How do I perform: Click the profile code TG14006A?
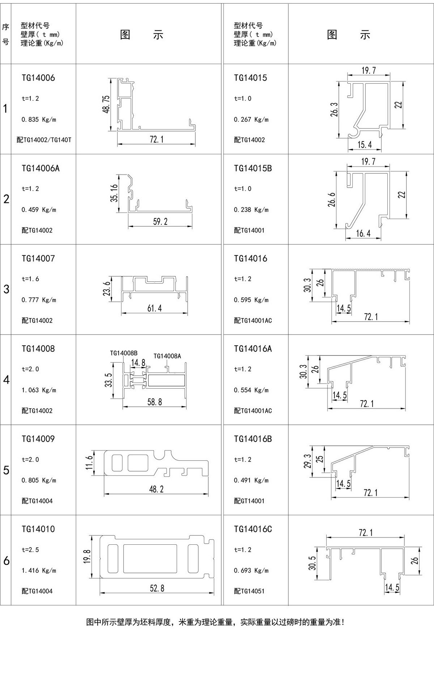[x=40, y=168]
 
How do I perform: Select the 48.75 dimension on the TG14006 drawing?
[x=106, y=105]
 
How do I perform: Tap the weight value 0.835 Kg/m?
[x=39, y=119]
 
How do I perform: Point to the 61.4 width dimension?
[x=154, y=308]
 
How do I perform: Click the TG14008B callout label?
[x=124, y=353]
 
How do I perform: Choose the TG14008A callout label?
[x=167, y=356]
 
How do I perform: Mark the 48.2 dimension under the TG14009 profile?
[x=156, y=489]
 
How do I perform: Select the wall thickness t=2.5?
[x=30, y=549]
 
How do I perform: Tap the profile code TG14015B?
[x=252, y=168]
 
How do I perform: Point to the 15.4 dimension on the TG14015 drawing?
[x=365, y=145]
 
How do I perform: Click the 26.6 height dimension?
[x=332, y=200]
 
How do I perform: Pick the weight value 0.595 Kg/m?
[x=251, y=300]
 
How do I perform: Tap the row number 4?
[x=6, y=380]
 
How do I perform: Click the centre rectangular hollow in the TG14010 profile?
[x=150, y=558]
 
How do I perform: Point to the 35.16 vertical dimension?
[x=114, y=193]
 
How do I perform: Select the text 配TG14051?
[x=249, y=591]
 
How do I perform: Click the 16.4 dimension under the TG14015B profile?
[x=363, y=233]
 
